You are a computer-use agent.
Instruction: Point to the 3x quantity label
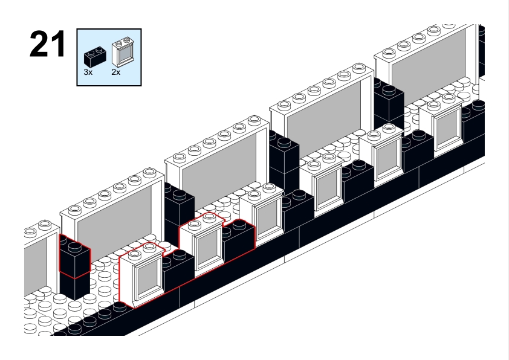[x=88, y=71]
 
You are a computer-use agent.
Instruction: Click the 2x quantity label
[x=116, y=71]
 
